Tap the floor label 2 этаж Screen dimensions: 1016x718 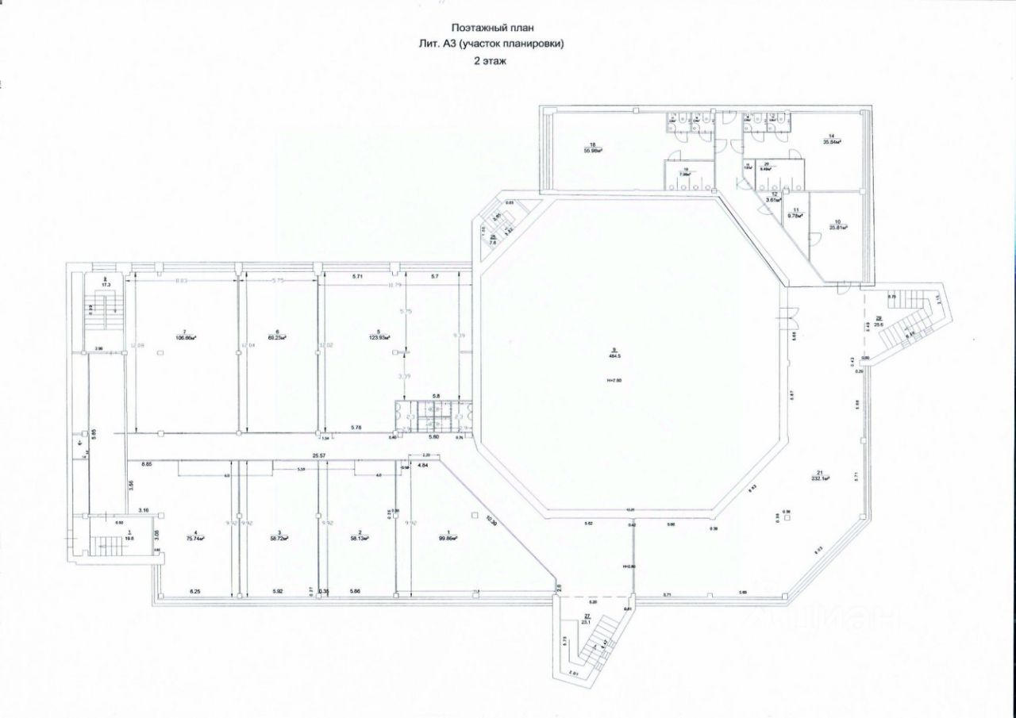(x=489, y=60)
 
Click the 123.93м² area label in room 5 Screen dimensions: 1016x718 (x=379, y=337)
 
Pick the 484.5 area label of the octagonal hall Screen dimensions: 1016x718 (x=614, y=356)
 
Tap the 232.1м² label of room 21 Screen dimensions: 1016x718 (x=821, y=479)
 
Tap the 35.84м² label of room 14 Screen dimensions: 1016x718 (x=832, y=142)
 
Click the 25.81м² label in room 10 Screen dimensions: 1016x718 (x=838, y=227)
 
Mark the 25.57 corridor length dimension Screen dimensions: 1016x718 (x=320, y=455)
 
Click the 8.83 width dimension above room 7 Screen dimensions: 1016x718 (x=181, y=280)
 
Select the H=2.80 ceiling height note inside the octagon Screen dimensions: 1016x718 (x=614, y=382)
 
